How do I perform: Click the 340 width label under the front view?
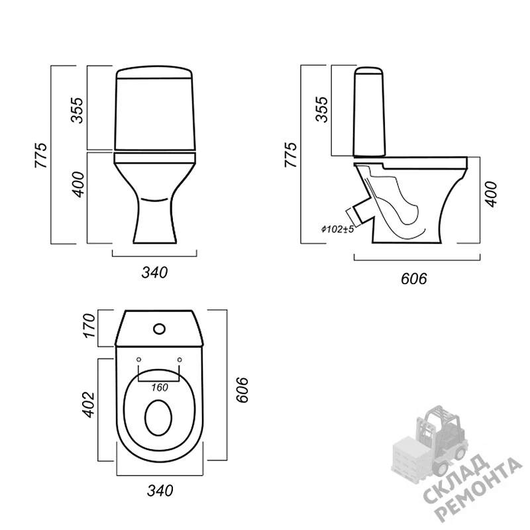pos(154,272)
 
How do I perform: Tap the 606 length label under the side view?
pos(413,279)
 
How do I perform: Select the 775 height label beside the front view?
pos(41,155)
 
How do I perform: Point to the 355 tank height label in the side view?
pos(321,109)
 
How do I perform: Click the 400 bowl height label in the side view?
pos(491,194)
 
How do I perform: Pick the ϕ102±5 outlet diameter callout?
pos(337,229)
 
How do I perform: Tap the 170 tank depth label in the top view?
pos(89,326)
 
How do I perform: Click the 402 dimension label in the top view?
pos(89,405)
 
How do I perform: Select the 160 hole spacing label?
pos(159,388)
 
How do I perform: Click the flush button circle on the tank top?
pos(159,329)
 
